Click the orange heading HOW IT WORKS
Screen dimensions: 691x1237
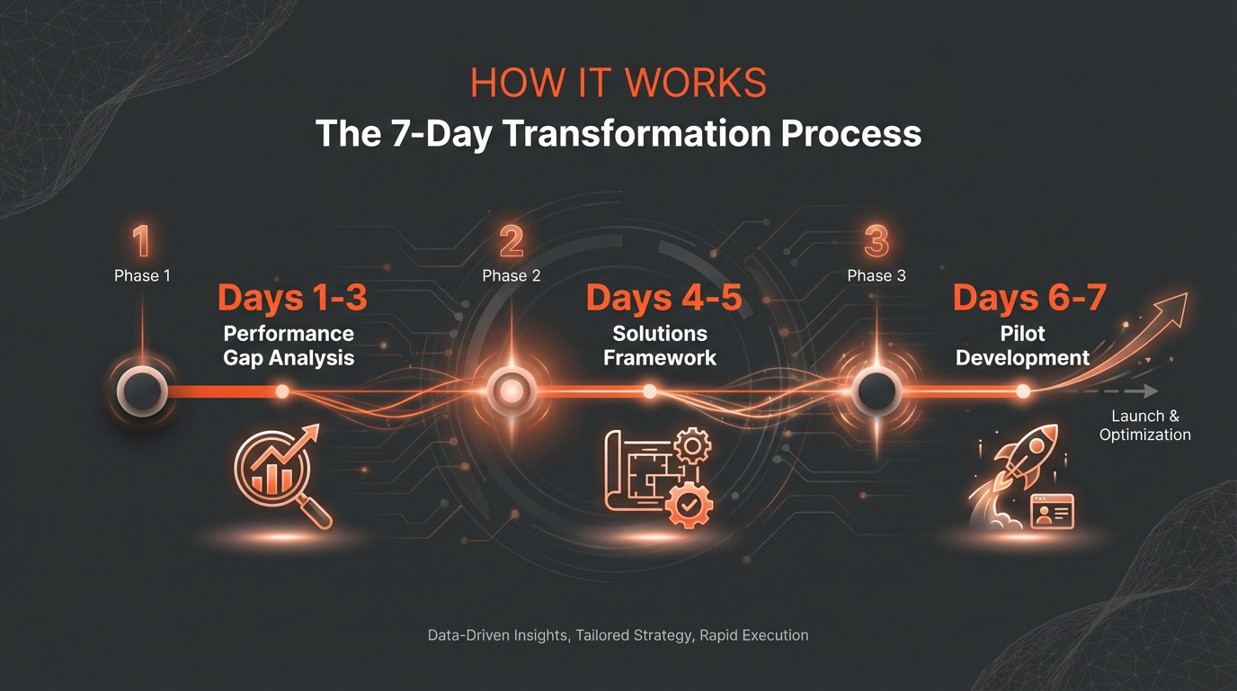pos(618,83)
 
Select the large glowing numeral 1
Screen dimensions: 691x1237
pos(141,242)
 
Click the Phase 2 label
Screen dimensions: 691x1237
pos(512,275)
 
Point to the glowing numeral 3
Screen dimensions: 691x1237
pos(876,242)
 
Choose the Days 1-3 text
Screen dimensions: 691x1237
pos(292,298)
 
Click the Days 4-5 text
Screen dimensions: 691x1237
pos(663,298)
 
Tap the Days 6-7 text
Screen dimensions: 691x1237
pos(1028,298)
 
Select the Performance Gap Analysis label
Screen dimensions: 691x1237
pos(289,345)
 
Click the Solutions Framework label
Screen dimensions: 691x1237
pos(660,345)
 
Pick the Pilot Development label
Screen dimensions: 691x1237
pos(1023,345)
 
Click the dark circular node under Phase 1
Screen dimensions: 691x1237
pos(142,391)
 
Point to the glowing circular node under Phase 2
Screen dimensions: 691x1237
pos(512,391)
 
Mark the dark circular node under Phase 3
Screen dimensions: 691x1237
pos(877,391)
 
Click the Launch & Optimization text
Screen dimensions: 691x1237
pos(1144,426)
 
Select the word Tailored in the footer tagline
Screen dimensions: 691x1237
pos(603,635)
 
